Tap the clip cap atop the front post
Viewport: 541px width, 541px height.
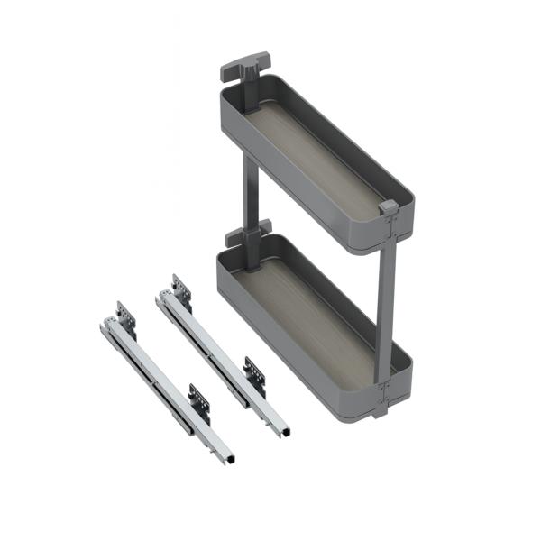coord(388,207)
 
